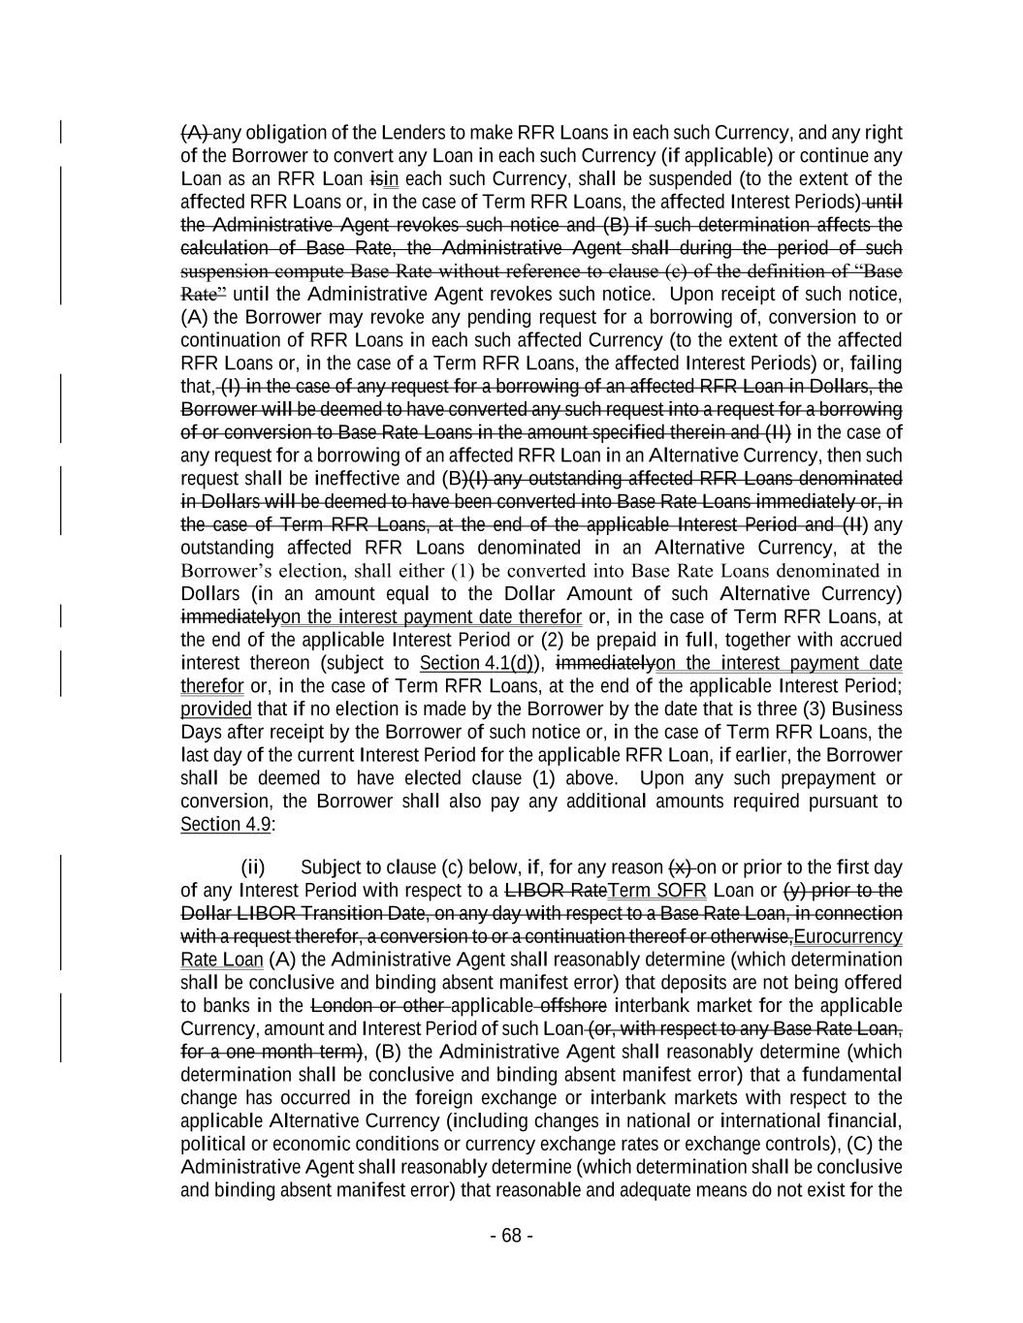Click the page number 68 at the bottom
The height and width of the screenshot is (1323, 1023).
point(512,1235)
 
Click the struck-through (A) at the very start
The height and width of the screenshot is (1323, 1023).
point(195,133)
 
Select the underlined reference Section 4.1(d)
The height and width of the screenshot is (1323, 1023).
point(481,663)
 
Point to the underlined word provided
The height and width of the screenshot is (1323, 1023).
point(215,709)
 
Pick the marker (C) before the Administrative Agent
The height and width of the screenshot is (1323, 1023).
point(861,1144)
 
